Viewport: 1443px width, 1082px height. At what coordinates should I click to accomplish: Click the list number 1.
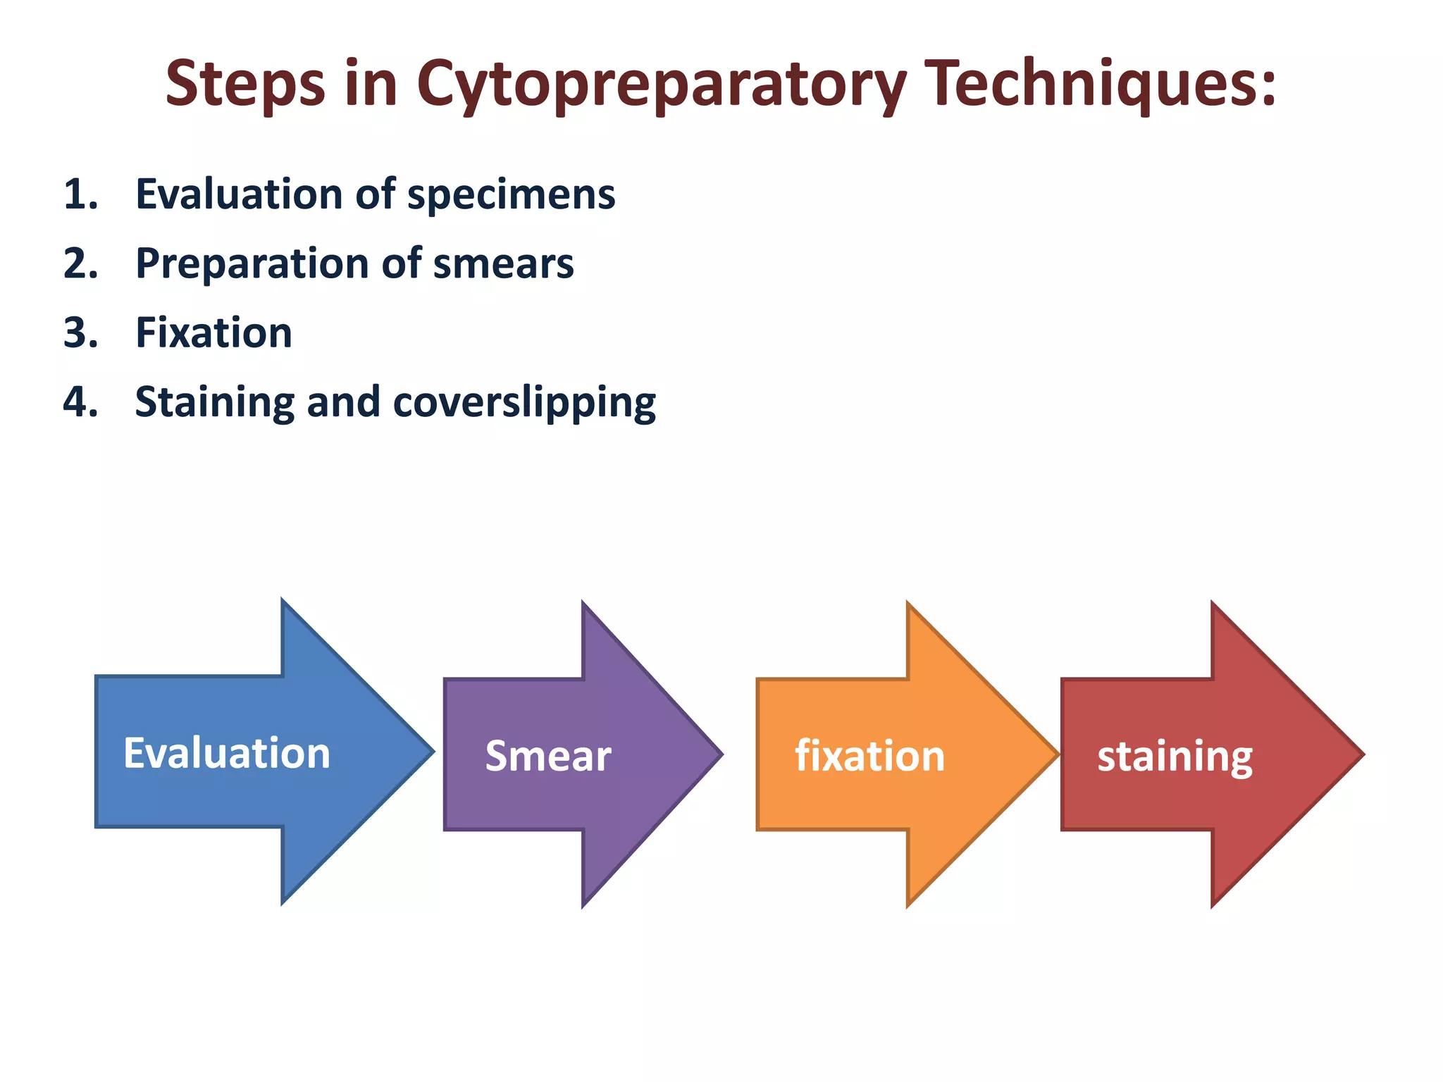[80, 194]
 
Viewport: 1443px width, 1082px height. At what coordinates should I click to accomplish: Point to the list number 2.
[80, 263]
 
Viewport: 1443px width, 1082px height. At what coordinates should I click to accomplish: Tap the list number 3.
[80, 332]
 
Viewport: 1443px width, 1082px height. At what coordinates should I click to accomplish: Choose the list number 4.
[80, 402]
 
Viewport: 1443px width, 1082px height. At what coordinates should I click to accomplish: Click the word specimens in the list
[511, 194]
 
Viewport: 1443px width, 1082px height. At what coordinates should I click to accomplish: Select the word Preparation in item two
[252, 263]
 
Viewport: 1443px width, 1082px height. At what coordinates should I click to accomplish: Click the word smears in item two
[503, 263]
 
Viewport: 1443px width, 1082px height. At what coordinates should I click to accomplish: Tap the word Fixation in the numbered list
[213, 332]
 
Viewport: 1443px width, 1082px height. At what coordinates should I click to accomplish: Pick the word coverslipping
[524, 402]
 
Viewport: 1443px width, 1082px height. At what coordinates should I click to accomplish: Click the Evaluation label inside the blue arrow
[227, 753]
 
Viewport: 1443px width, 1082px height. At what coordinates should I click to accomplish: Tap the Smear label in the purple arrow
[547, 756]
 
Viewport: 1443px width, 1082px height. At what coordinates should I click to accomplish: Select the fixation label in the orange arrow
[869, 756]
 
